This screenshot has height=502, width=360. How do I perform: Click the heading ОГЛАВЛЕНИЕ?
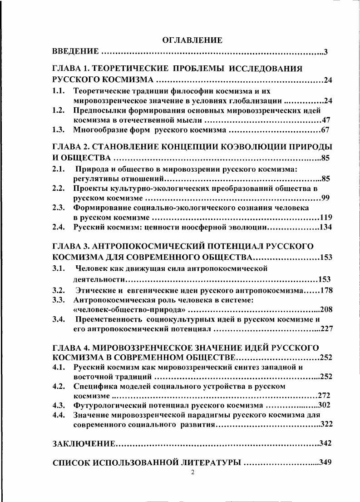192,40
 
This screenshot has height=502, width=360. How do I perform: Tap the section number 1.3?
59,131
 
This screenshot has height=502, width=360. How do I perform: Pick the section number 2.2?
59,188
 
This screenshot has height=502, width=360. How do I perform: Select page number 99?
325,199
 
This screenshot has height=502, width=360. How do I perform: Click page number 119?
326,217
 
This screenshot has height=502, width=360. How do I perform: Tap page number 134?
326,227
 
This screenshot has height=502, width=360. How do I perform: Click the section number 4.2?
59,386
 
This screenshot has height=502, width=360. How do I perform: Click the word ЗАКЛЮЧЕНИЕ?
84,444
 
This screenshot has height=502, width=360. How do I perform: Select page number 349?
325,463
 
